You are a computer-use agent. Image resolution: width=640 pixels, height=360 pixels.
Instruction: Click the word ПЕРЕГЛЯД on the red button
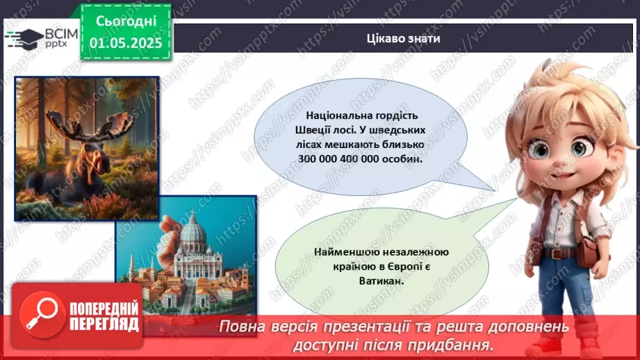tap(103, 325)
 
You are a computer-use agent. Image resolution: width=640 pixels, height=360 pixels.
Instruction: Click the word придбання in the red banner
tap(454, 344)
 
